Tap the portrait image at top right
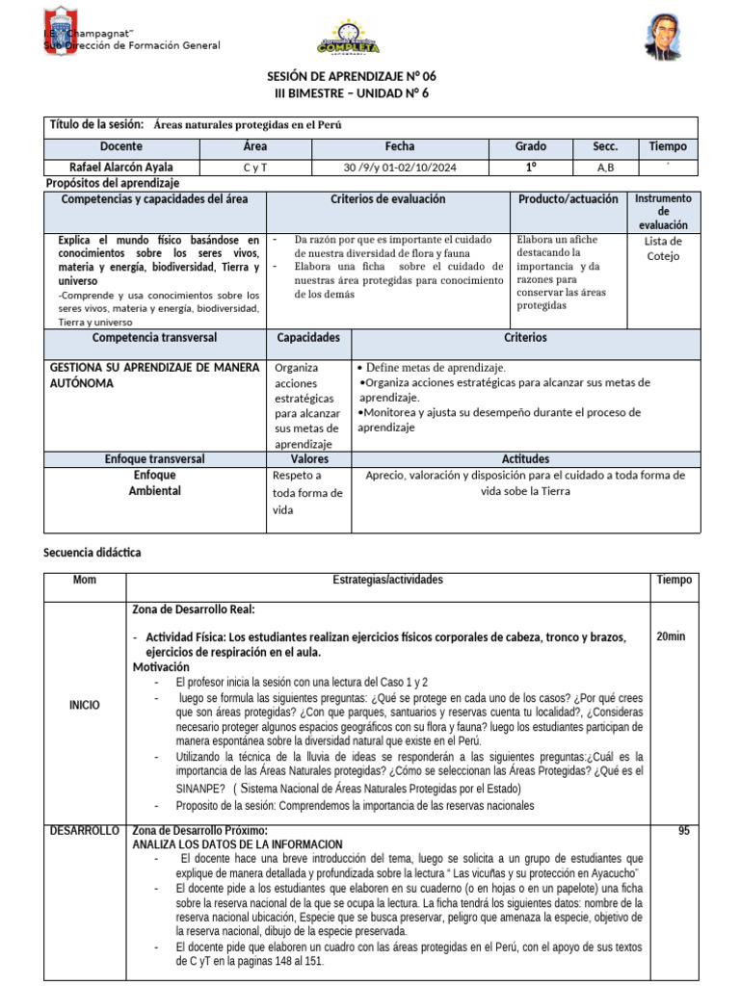(x=666, y=36)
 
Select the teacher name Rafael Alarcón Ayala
(x=121, y=167)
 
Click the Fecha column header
(x=399, y=146)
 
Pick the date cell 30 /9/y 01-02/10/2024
(x=399, y=168)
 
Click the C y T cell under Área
(x=255, y=168)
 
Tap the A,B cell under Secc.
(x=605, y=168)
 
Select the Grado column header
(x=530, y=146)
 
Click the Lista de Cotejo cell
(x=663, y=248)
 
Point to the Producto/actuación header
(x=568, y=198)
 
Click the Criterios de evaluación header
(x=387, y=198)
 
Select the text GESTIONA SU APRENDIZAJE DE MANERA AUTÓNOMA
(x=154, y=375)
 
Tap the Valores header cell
(x=308, y=459)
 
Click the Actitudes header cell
(x=525, y=459)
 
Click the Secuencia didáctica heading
(x=92, y=553)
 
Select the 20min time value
(x=673, y=637)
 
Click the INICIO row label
(x=84, y=705)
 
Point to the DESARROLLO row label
(x=86, y=830)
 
